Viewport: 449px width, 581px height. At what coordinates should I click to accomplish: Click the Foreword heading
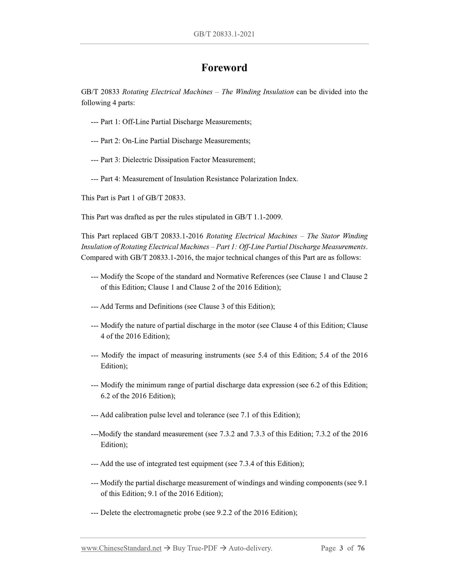click(x=224, y=68)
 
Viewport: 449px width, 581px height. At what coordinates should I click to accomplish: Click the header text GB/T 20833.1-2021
click(x=224, y=34)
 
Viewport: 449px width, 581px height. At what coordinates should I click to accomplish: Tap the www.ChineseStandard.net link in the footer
click(x=121, y=548)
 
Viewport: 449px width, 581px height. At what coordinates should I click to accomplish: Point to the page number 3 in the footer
click(x=341, y=548)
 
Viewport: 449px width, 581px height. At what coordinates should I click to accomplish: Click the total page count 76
click(x=361, y=548)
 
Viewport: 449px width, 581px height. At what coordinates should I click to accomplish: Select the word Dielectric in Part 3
click(x=137, y=160)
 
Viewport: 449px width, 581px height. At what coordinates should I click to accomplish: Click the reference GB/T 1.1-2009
click(x=258, y=217)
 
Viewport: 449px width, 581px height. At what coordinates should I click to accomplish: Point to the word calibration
click(x=131, y=415)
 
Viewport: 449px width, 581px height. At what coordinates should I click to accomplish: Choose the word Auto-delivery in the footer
click(x=250, y=548)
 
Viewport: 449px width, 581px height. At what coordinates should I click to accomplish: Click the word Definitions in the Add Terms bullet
click(x=165, y=306)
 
